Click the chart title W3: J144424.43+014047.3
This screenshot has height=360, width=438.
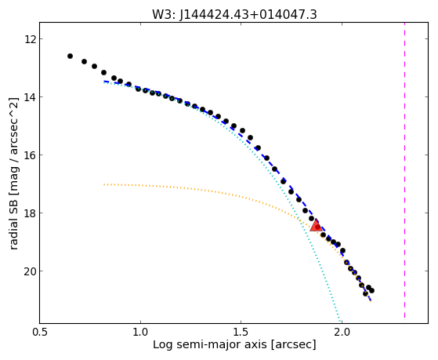(234, 15)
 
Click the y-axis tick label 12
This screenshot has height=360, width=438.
(30, 39)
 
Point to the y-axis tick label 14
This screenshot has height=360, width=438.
(30, 97)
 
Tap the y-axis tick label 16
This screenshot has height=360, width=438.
(30, 155)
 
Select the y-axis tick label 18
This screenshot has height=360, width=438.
(30, 213)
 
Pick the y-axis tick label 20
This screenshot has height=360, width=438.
(30, 271)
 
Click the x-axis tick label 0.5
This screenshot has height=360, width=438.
(40, 332)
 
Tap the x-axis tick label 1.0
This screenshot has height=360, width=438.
(140, 332)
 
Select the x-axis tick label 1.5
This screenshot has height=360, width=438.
(241, 332)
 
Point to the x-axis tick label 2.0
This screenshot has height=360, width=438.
(342, 332)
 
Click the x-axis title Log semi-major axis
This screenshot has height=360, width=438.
(210, 344)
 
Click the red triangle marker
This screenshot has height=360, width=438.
(316, 225)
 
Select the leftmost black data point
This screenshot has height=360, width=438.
(70, 56)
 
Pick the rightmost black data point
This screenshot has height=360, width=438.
(371, 291)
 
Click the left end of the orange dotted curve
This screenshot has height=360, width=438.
(104, 184)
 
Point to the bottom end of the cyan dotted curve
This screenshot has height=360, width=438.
(340, 321)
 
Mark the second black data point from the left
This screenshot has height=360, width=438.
(84, 61)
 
